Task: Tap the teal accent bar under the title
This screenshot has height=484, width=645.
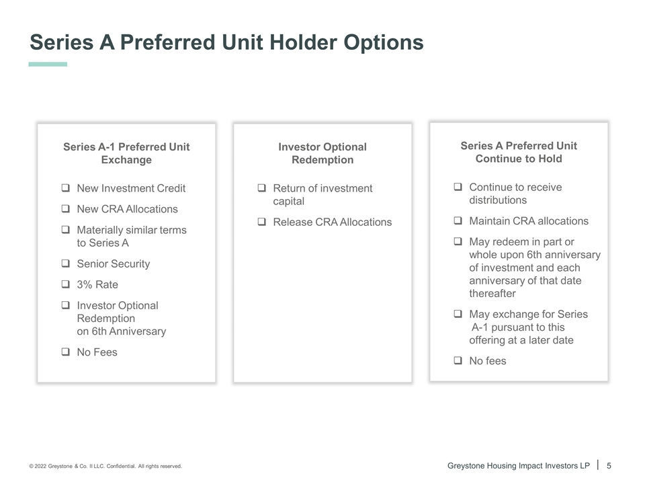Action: pos(48,65)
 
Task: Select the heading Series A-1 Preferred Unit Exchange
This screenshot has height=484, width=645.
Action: pos(126,153)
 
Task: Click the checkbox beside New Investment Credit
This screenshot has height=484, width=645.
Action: pos(65,188)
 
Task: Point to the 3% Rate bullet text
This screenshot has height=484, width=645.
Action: pos(97,284)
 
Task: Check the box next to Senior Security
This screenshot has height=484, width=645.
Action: pos(65,263)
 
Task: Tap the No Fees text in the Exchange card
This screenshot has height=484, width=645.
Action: pos(97,352)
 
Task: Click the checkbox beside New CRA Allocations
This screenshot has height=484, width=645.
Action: pos(65,208)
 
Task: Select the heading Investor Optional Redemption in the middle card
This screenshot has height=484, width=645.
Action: pos(322,153)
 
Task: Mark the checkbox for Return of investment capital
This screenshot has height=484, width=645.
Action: pos(261,188)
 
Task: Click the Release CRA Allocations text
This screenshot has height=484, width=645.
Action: pos(333,222)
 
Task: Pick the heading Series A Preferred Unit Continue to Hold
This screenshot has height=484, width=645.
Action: pos(519,152)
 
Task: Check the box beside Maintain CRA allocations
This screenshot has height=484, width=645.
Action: pos(458,220)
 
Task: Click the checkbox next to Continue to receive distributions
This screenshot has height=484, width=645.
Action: pos(458,186)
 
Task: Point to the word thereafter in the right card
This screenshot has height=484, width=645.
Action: pos(492,294)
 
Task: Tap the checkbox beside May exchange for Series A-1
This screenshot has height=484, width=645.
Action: pos(458,314)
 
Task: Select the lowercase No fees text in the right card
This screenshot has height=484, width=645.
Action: pos(488,360)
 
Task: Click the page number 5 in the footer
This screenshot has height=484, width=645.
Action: pos(609,465)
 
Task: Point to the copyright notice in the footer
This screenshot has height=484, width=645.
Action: pos(105,467)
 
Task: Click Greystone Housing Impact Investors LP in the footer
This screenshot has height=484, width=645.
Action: pos(518,465)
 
